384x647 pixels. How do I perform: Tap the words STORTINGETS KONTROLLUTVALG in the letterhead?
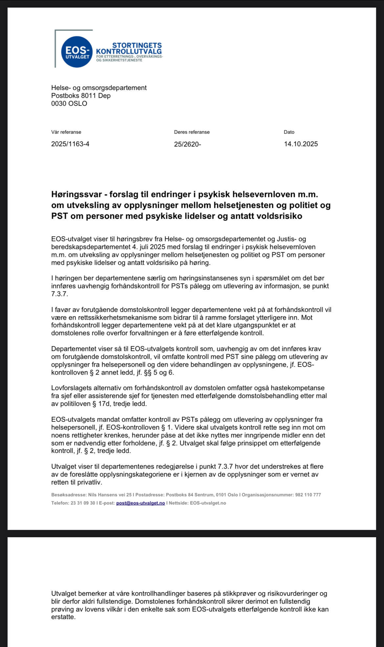(129, 48)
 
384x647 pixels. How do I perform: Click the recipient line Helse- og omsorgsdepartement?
(99, 88)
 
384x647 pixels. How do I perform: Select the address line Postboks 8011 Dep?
(81, 96)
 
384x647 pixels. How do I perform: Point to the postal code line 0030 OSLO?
(69, 104)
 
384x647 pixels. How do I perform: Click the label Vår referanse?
(66, 132)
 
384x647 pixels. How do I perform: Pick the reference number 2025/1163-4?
(70, 144)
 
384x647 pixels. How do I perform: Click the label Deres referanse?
(192, 132)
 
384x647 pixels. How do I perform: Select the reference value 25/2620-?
(187, 144)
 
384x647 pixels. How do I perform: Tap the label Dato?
(289, 132)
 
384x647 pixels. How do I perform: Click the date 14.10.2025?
(301, 144)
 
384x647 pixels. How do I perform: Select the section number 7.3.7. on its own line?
(59, 294)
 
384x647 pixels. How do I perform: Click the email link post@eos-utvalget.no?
(140, 503)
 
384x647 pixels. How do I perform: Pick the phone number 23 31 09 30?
(83, 503)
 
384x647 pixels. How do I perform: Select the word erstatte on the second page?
(62, 617)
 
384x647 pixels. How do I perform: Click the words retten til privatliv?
(77, 482)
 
